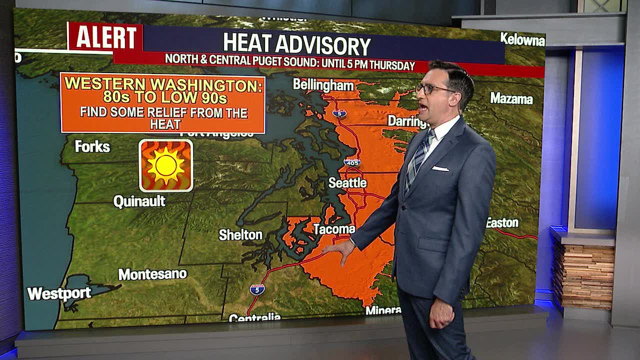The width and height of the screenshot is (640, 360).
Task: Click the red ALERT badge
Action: pyautogui.click(x=105, y=37)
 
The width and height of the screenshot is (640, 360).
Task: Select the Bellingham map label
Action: pyautogui.click(x=323, y=85)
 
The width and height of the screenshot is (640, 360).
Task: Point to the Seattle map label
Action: pyautogui.click(x=347, y=183)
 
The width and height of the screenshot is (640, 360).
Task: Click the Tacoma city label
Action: pyautogui.click(x=334, y=229)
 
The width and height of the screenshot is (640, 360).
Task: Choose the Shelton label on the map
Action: pyautogui.click(x=240, y=235)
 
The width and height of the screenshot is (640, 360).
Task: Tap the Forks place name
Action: pyautogui.click(x=92, y=146)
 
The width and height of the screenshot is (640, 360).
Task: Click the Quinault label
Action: pyautogui.click(x=139, y=201)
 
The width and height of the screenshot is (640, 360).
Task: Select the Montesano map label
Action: pyautogui.click(x=152, y=274)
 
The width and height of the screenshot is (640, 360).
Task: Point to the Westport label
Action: pyautogui.click(x=59, y=293)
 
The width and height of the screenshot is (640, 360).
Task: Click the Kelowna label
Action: pyautogui.click(x=522, y=40)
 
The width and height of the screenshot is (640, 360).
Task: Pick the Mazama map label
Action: pyautogui.click(x=511, y=98)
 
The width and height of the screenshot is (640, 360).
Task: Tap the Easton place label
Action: pyautogui.click(x=502, y=223)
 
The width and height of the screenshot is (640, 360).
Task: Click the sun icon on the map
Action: pyautogui.click(x=166, y=165)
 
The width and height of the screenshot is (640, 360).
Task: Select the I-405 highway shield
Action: pyautogui.click(x=352, y=162)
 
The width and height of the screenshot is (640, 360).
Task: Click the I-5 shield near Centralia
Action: pyautogui.click(x=257, y=289)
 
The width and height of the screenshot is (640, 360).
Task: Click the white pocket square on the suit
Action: pyautogui.click(x=440, y=168)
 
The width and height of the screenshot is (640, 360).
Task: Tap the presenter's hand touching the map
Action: pyautogui.click(x=341, y=250)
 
